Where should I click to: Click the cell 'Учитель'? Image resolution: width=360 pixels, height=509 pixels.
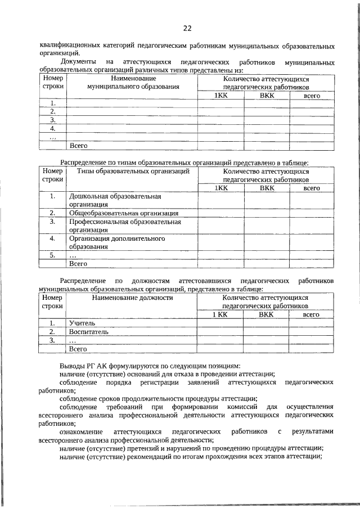pos(82,323)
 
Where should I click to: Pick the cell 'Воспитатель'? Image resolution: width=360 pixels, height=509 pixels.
pos(88,332)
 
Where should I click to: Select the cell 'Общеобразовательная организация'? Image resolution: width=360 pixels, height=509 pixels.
pos(124,213)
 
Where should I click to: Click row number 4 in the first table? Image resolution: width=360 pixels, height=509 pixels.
pos(53,128)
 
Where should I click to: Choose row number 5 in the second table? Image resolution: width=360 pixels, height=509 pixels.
pos(53,255)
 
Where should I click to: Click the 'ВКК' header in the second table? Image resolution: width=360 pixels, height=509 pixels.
pos(267,188)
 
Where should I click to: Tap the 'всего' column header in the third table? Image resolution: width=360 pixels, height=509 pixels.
pos(311,315)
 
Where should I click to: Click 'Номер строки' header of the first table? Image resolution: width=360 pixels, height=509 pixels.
pos(53,83)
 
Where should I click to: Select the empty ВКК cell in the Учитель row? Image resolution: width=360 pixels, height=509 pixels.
pos(267,323)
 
